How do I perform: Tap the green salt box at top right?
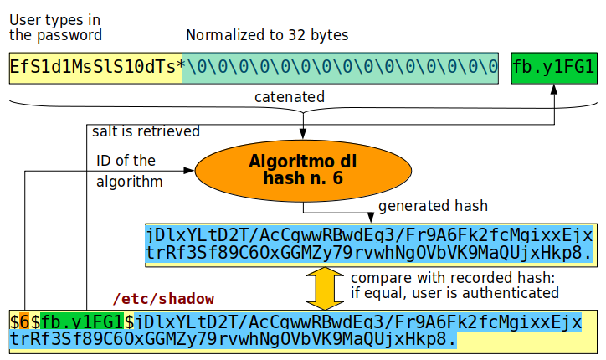554,68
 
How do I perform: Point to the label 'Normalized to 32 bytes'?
267,35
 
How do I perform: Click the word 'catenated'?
290,97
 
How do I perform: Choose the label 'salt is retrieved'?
146,131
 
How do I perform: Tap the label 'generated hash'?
433,206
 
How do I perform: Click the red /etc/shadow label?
163,299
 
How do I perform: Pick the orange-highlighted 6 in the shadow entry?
24,321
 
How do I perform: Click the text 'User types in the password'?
55,27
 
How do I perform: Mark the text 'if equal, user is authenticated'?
454,293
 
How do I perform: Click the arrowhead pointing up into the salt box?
554,90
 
